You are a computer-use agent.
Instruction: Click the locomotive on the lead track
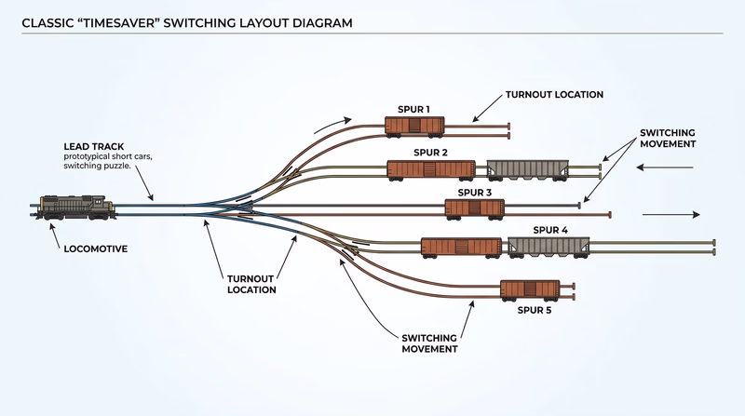(77, 206)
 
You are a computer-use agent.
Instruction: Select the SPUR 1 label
(414, 109)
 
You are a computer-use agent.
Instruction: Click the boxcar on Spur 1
(414, 126)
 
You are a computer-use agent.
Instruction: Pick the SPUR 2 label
(431, 152)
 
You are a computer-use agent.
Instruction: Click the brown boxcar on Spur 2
(431, 169)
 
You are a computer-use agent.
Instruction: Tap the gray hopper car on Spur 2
(525, 168)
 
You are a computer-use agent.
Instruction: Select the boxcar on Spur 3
(475, 208)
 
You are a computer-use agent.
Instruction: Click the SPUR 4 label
(550, 229)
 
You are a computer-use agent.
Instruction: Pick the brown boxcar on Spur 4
(462, 247)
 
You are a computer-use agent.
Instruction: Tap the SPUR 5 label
(535, 309)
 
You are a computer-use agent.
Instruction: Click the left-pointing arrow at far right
(666, 168)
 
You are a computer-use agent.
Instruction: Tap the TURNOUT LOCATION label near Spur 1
(554, 95)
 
